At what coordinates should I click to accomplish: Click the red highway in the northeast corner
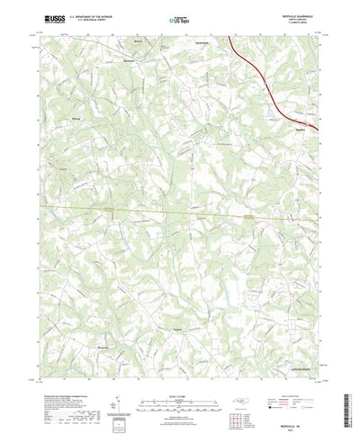point(261,73)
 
